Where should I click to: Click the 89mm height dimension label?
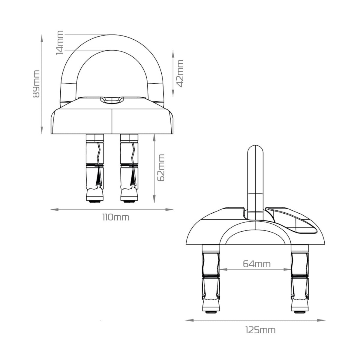click(36, 84)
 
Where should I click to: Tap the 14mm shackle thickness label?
click(60, 43)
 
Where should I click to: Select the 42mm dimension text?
click(180, 73)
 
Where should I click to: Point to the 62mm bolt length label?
click(161, 168)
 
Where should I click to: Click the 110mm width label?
click(116, 217)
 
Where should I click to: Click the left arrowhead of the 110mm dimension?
click(55, 210)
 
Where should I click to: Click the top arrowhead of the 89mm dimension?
click(42, 38)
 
